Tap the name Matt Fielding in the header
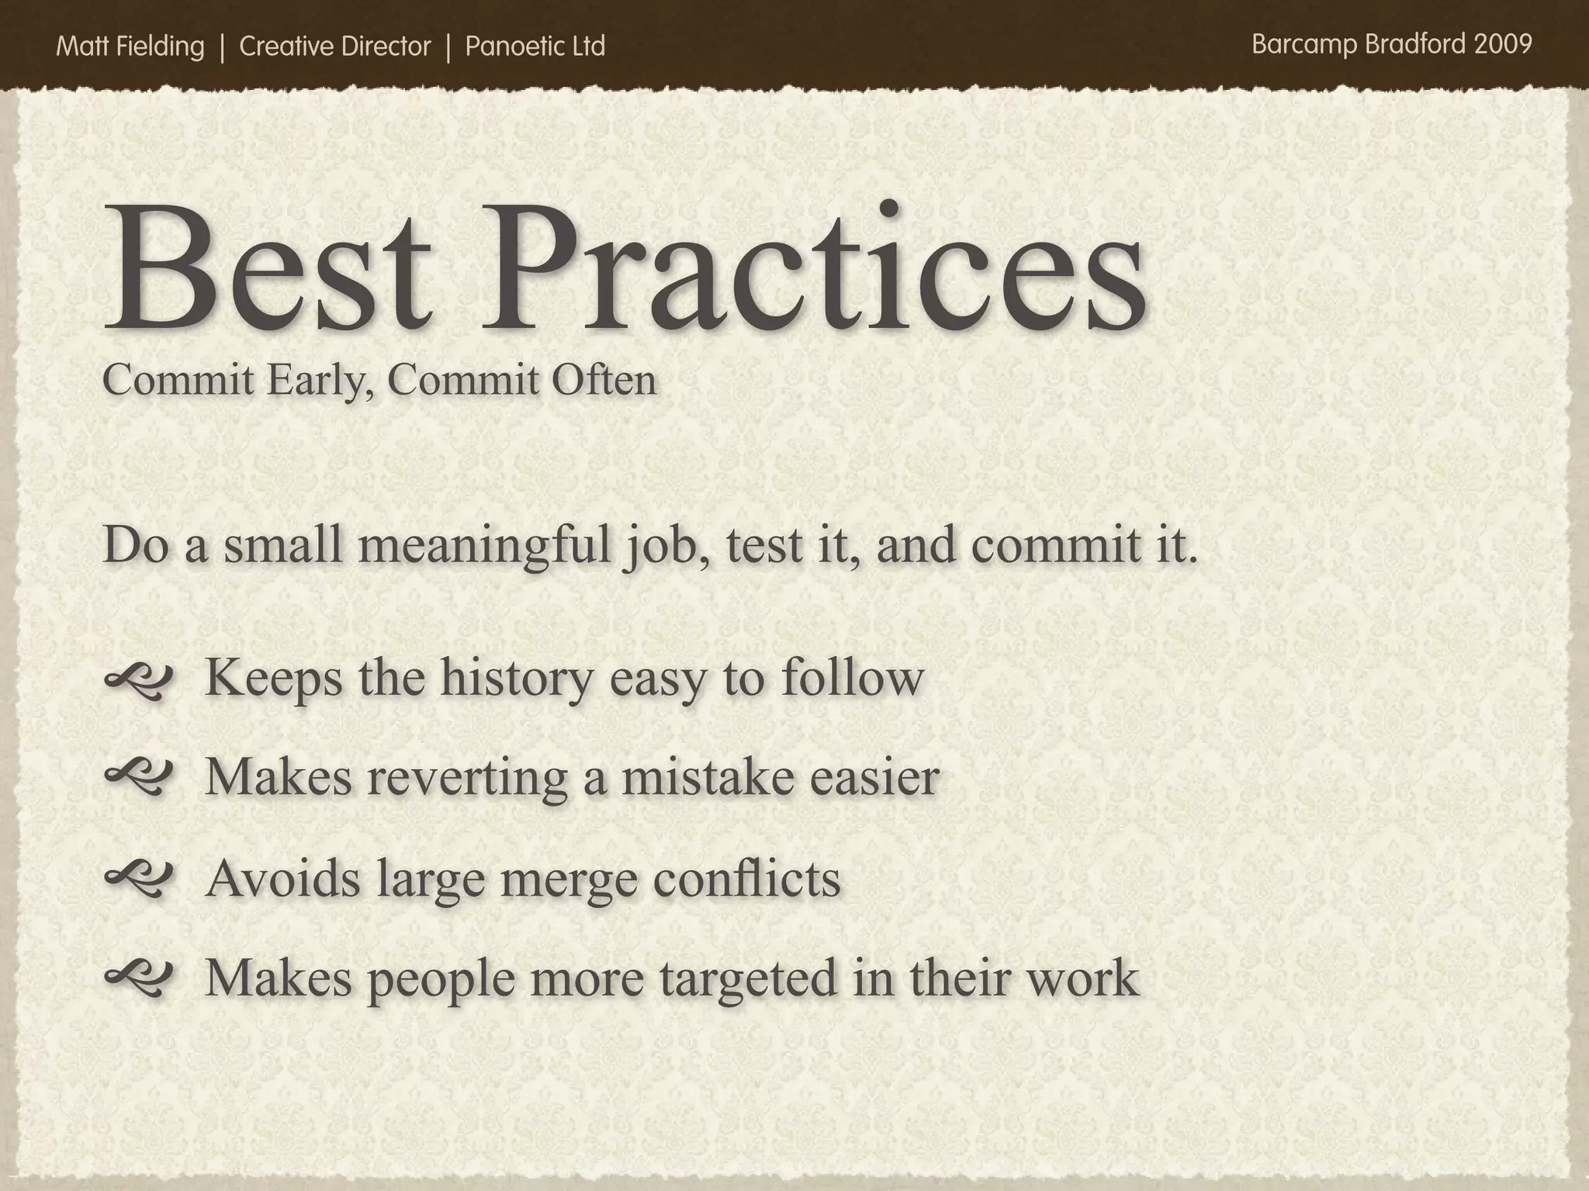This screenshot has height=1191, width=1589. tap(130, 47)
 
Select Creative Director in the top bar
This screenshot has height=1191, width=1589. tap(334, 47)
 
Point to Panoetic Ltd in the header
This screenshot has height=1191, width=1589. tap(535, 47)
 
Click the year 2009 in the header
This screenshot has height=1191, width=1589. tap(1503, 44)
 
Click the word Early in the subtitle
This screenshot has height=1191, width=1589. tap(314, 381)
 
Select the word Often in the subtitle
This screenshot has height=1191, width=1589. tap(603, 381)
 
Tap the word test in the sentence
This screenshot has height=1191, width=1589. tap(763, 545)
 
